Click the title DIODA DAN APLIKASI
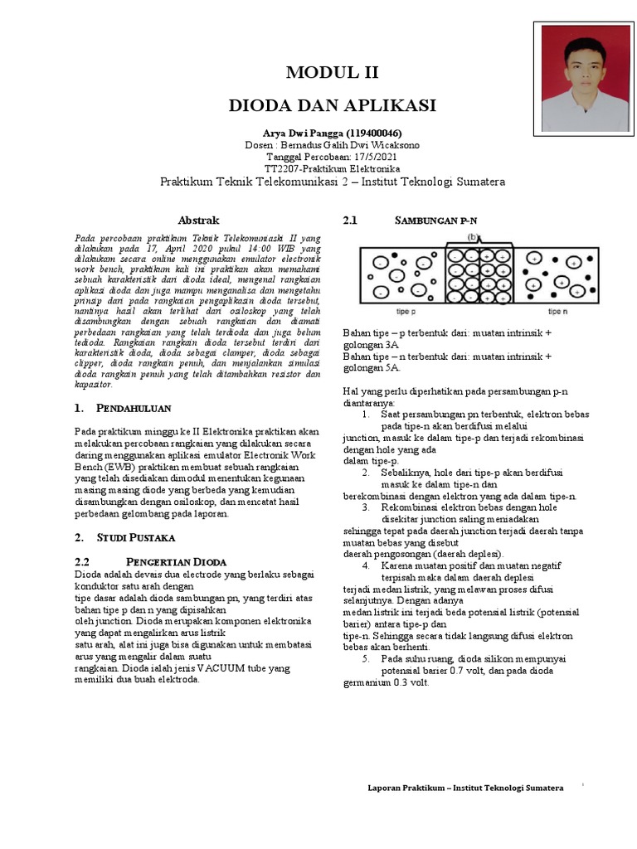point(332,105)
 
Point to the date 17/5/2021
point(369,157)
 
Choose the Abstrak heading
point(199,221)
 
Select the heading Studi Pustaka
point(133,538)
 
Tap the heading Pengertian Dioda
point(175,561)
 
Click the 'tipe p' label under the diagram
point(406,312)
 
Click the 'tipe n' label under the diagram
point(557,312)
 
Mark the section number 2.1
point(349,221)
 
